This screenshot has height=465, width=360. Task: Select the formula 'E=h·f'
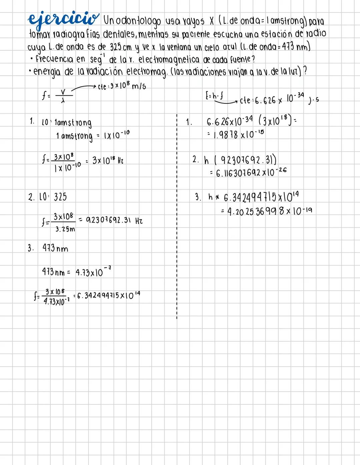[214, 96]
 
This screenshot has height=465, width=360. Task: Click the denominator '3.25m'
[65, 229]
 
